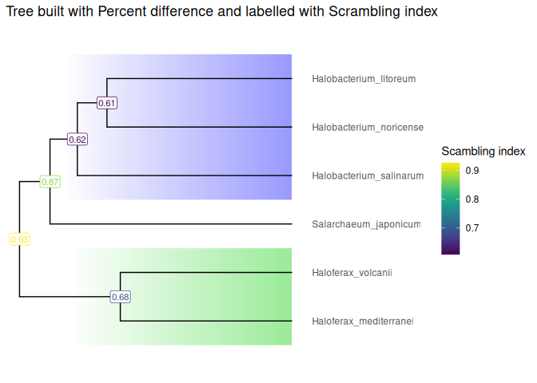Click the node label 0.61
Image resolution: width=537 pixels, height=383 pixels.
tap(107, 103)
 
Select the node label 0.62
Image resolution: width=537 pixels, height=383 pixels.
tap(78, 140)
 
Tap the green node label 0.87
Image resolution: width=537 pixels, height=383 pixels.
tap(50, 182)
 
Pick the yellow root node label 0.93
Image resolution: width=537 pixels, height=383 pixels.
tap(19, 239)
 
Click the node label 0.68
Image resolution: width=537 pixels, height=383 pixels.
tap(120, 297)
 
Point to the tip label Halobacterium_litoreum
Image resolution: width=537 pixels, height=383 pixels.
tap(364, 79)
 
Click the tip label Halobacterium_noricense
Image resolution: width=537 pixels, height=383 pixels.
tap(368, 128)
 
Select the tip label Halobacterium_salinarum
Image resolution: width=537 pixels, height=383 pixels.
tap(368, 176)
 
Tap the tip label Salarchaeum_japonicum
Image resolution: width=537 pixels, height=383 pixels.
tap(366, 225)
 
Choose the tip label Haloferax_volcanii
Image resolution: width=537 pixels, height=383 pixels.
tap(352, 273)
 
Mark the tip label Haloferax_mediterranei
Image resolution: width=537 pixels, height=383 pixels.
tap(363, 322)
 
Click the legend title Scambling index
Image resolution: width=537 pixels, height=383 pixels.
tap(483, 151)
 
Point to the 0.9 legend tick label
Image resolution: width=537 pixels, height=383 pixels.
tap(472, 171)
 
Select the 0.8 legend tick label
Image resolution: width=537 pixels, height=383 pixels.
tap(472, 199)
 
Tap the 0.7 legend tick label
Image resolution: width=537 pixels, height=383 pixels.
tap(472, 228)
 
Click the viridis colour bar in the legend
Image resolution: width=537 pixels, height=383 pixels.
tap(451, 208)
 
